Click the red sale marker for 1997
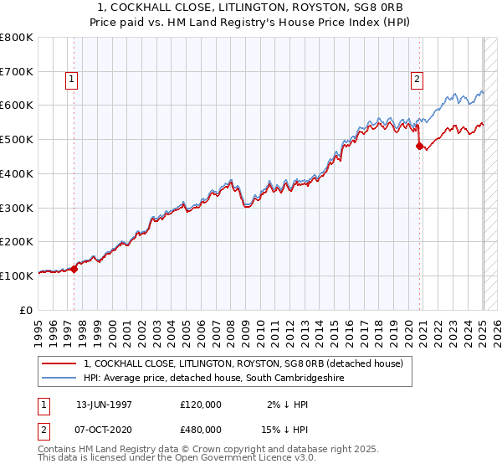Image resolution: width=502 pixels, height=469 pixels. tap(74, 269)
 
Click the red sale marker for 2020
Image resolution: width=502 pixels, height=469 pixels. tap(419, 146)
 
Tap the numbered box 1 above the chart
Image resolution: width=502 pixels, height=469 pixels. tap(71, 80)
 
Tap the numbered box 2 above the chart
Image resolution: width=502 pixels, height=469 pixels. tap(416, 80)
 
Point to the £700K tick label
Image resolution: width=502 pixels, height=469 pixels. tap(17, 71)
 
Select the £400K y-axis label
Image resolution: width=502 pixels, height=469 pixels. tap(17, 173)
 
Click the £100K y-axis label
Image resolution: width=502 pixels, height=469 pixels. tap(17, 275)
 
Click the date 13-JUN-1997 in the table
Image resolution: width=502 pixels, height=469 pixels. tap(104, 404)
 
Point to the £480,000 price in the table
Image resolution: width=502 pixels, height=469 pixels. tap(200, 429)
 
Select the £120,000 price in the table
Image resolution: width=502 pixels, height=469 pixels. tap(200, 404)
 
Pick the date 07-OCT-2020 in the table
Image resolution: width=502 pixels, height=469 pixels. tap(104, 429)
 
